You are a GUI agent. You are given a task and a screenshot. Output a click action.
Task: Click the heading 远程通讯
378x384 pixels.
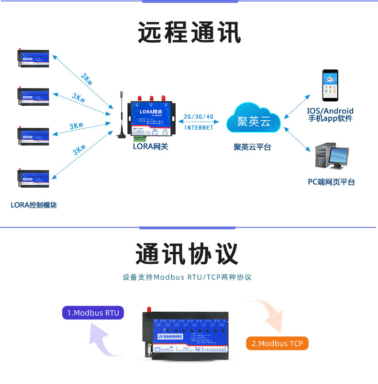pyautogui.click(x=189, y=33)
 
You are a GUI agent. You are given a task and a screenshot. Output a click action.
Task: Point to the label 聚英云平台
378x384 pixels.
pyautogui.click(x=252, y=147)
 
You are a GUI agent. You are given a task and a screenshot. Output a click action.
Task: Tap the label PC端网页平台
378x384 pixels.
pyautogui.click(x=331, y=182)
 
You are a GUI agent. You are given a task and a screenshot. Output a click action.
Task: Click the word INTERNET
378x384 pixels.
pyautogui.click(x=199, y=128)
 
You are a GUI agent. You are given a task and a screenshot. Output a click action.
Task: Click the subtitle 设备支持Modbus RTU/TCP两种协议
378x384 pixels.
pyautogui.click(x=187, y=277)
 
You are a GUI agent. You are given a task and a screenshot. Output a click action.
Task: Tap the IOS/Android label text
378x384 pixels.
pyautogui.click(x=331, y=111)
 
